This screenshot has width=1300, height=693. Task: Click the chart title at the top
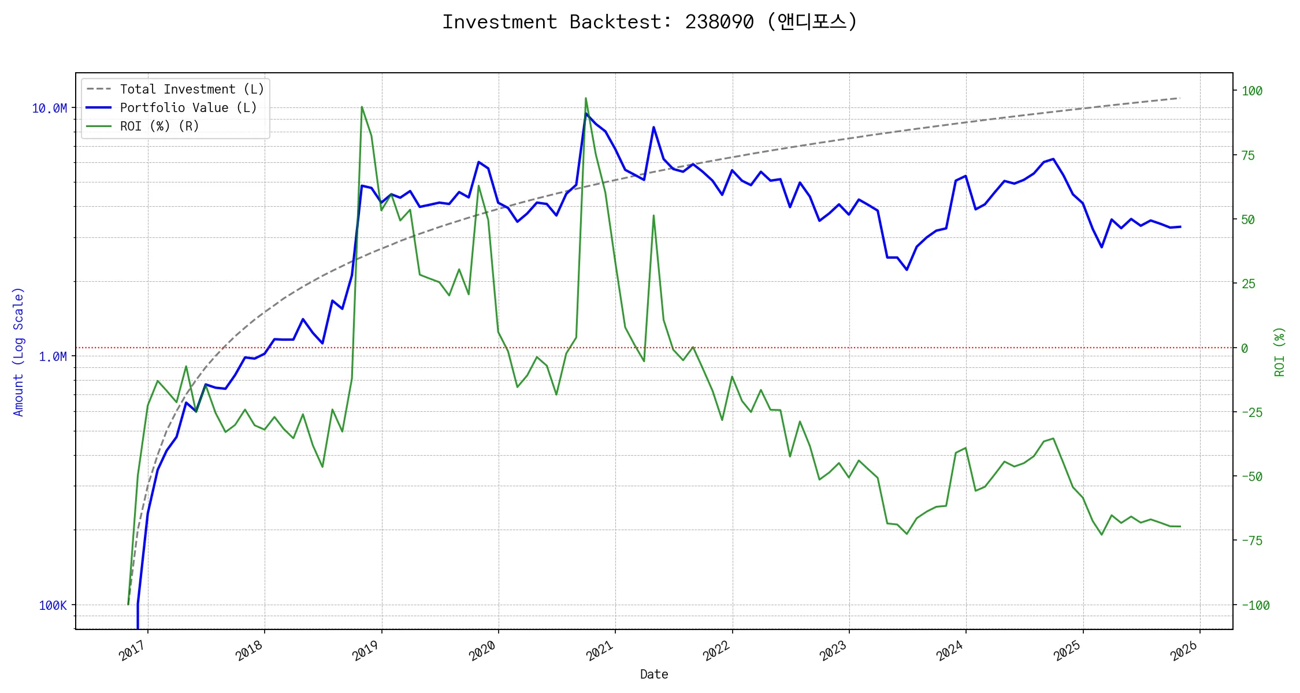[x=649, y=22]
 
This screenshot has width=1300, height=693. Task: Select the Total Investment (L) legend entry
[x=191, y=90]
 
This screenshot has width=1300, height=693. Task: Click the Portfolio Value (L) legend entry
[x=188, y=108]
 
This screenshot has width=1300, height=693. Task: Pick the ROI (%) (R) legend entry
[x=159, y=126]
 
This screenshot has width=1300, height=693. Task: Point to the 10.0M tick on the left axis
[x=49, y=109]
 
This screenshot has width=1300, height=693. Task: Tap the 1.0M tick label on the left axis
[x=53, y=357]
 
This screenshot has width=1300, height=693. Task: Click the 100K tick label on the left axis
[x=53, y=606]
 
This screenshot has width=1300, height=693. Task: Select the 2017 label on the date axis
[x=132, y=651]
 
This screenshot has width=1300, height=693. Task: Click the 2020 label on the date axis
[x=482, y=651]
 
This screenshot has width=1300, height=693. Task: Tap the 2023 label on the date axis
[x=833, y=651]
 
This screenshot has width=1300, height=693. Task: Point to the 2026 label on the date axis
[x=1184, y=651]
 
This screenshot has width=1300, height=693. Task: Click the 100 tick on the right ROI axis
[x=1252, y=91]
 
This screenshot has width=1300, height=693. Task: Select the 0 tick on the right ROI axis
[x=1245, y=348]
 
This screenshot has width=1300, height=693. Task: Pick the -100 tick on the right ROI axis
[x=1255, y=606]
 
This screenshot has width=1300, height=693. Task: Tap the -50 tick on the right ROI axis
[x=1252, y=477]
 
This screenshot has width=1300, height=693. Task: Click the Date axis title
[x=654, y=675]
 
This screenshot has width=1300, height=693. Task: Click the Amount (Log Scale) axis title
[x=18, y=352]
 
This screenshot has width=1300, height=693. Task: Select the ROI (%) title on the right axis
[x=1280, y=352]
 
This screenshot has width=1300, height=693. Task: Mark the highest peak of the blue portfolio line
[x=586, y=113]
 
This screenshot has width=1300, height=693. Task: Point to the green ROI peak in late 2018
[x=362, y=107]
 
